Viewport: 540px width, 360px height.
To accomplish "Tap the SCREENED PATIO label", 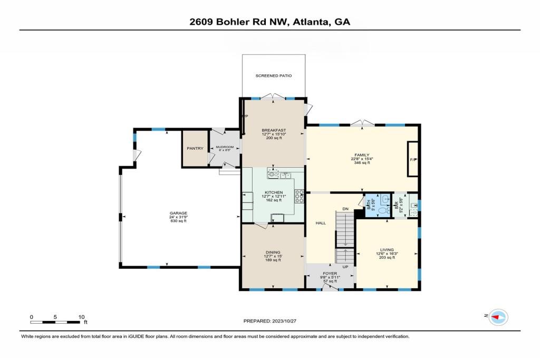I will [274, 76].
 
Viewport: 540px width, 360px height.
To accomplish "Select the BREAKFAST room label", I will [274, 130].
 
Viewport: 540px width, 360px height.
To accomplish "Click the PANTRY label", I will [195, 148].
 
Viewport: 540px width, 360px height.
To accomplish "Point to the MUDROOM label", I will [224, 148].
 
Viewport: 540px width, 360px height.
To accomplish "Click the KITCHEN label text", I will [274, 192].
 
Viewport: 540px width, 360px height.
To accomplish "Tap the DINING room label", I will [273, 252].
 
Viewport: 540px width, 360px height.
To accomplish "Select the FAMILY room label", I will [361, 155].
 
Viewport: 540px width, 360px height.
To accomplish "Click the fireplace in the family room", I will [413, 159].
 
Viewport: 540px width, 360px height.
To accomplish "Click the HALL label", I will [321, 223].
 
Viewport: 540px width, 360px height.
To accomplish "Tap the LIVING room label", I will [387, 249].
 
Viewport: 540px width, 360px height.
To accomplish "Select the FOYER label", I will [330, 274].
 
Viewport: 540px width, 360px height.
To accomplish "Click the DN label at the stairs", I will [345, 209].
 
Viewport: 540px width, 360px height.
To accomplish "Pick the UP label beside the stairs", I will [345, 267].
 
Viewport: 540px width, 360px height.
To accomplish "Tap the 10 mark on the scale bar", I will [81, 317].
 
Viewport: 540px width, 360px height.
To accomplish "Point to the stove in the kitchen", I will [300, 196].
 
